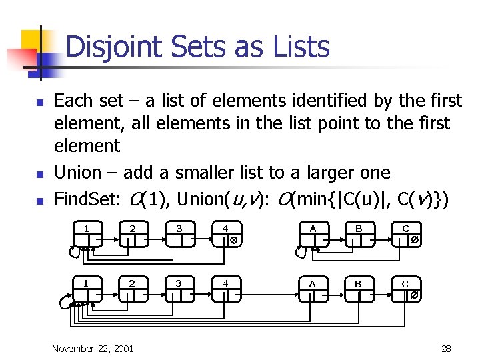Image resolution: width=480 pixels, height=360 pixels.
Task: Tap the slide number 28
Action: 446,348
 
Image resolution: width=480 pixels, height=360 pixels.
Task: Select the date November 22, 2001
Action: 93,348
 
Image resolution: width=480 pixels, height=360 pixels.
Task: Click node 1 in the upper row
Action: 87,234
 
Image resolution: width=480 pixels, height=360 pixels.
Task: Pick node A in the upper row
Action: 312,234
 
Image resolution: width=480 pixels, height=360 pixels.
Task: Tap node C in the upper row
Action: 405,234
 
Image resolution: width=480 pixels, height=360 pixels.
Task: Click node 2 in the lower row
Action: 133,289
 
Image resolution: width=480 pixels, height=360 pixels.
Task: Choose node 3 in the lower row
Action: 179,289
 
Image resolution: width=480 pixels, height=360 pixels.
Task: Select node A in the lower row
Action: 312,289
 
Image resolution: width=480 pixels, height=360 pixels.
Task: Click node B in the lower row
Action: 359,289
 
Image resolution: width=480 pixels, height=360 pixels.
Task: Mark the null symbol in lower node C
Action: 414,295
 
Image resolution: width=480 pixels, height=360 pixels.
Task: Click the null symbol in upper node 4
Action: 233,240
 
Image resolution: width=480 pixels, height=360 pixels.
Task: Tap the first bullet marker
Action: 39,103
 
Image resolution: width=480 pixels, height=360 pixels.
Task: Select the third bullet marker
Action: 39,200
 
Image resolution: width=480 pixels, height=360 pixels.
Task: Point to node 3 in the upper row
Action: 179,234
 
